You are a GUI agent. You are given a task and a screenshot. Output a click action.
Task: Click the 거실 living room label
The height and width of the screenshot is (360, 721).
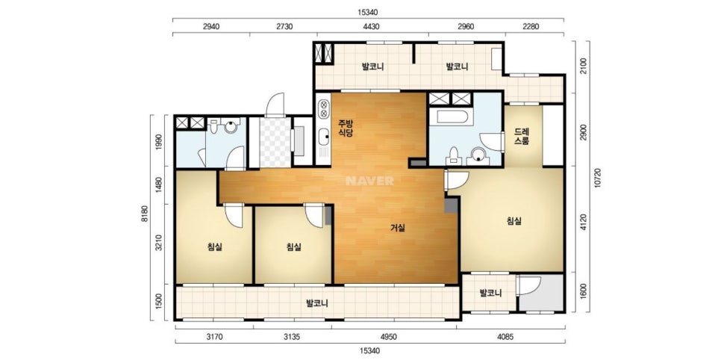pos(398,227)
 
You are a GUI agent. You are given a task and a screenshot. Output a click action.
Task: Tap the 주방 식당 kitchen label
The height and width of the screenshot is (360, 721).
pos(346,128)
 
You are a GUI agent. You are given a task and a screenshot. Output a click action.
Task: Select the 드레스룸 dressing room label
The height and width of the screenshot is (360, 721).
pos(522,137)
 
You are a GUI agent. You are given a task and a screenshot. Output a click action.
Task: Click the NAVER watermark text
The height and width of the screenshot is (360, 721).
pos(369,181)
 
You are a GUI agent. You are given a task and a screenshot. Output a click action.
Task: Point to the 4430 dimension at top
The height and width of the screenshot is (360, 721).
pos(371,26)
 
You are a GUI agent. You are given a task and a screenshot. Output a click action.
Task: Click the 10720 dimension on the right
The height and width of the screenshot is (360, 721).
pos(597,177)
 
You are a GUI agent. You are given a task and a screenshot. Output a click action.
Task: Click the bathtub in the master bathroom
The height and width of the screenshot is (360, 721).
pos(452,117)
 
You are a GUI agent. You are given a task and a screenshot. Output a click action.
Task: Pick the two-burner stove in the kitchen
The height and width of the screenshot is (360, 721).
pos(324,108)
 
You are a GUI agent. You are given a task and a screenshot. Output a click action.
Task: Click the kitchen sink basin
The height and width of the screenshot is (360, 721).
pos(324,136)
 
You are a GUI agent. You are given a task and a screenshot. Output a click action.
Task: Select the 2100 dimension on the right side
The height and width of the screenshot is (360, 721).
pos(583,67)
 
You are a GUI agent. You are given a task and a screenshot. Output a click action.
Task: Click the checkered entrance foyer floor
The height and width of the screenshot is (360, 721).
pos(275,142)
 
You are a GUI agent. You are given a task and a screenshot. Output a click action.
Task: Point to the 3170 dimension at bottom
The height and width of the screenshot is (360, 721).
pos(214,337)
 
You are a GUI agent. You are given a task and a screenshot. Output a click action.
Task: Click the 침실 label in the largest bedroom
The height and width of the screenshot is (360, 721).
pos(514,221)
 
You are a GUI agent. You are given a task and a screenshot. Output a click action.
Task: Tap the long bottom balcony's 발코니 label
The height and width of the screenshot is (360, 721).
pos(317,303)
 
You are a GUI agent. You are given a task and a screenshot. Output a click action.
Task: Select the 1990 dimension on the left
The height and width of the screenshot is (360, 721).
pos(159,142)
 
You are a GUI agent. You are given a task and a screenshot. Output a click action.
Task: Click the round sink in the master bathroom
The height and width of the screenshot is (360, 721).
pos(478,155)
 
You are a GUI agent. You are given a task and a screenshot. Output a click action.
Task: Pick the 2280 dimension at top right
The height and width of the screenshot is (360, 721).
pos(530,26)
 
